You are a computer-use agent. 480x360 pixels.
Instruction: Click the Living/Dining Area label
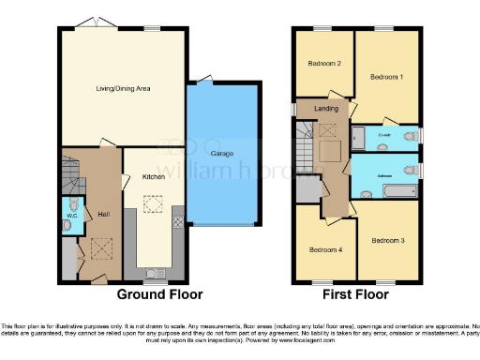click(x=124, y=90)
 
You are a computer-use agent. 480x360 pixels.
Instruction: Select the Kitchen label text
click(x=153, y=175)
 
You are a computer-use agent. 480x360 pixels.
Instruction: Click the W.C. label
click(x=71, y=217)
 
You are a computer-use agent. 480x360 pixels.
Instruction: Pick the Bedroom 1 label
click(x=386, y=76)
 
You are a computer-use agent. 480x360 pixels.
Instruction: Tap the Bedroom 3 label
click(x=387, y=241)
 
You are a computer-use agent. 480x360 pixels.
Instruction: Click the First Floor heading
click(x=356, y=294)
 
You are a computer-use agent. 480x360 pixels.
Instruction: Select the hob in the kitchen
click(x=178, y=223)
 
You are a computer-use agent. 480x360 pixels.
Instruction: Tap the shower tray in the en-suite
click(x=357, y=138)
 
